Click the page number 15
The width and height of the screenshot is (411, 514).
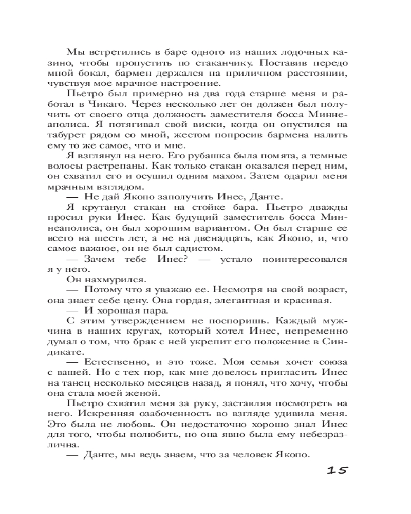coord(338,469)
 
